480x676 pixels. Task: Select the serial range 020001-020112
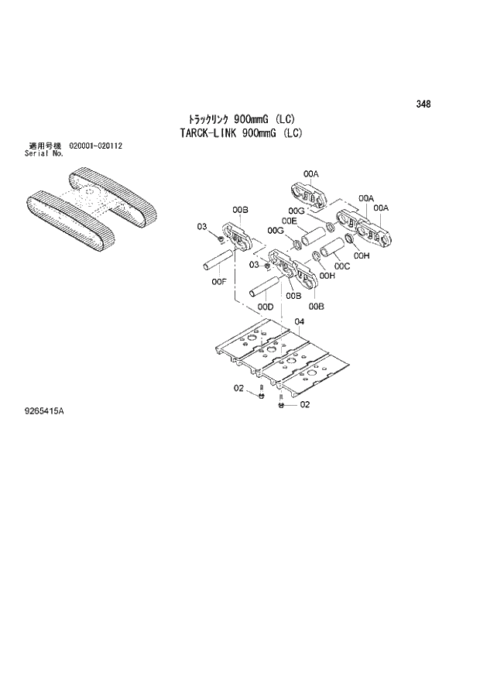tap(97, 146)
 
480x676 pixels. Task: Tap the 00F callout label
tap(219, 281)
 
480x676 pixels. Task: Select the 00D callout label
tap(266, 307)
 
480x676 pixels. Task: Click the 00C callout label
tap(342, 267)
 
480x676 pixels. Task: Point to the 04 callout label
tap(299, 321)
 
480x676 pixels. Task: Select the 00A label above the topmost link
tap(310, 174)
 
